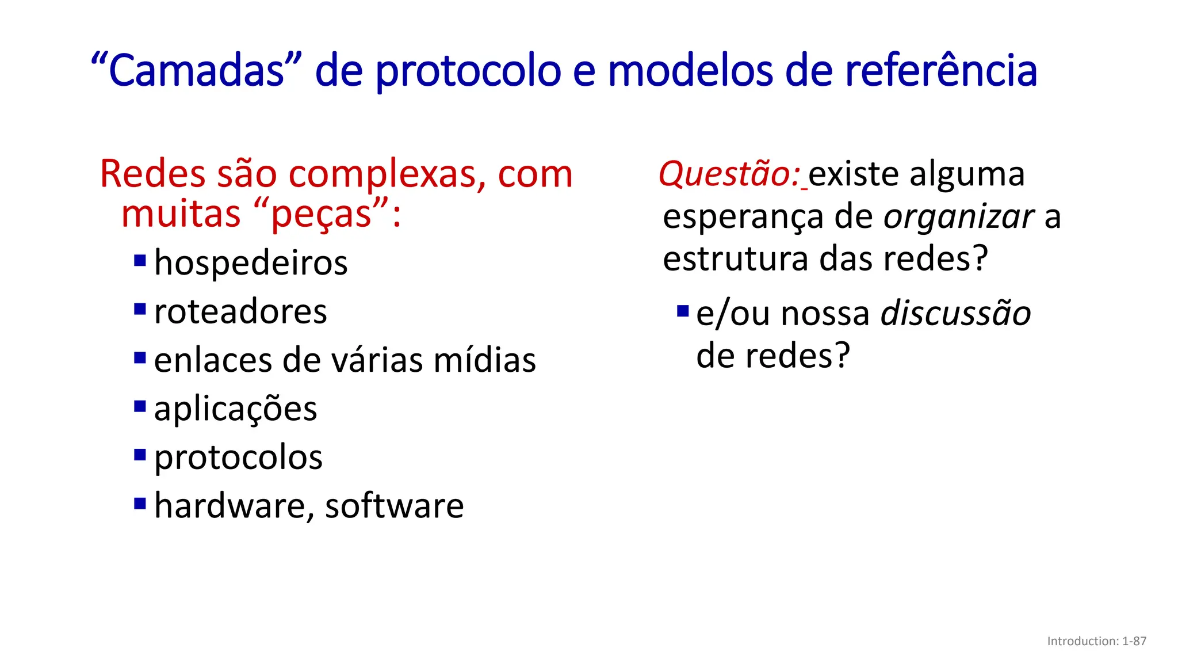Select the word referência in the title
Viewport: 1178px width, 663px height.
click(x=940, y=70)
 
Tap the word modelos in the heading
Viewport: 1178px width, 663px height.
click(x=690, y=70)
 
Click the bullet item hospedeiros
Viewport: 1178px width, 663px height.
click(x=251, y=264)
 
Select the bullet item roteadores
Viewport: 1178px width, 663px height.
click(x=240, y=312)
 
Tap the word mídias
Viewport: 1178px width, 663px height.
click(x=484, y=360)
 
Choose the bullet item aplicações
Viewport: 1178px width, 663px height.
click(x=235, y=409)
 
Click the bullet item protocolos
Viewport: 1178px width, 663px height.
click(x=238, y=458)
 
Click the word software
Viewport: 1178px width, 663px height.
click(x=394, y=506)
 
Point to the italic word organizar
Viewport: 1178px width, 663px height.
click(x=959, y=217)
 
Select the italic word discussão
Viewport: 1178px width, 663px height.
click(x=955, y=314)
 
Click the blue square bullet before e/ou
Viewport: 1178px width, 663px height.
click(x=683, y=311)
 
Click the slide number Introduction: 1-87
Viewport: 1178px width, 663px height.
click(x=1096, y=641)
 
